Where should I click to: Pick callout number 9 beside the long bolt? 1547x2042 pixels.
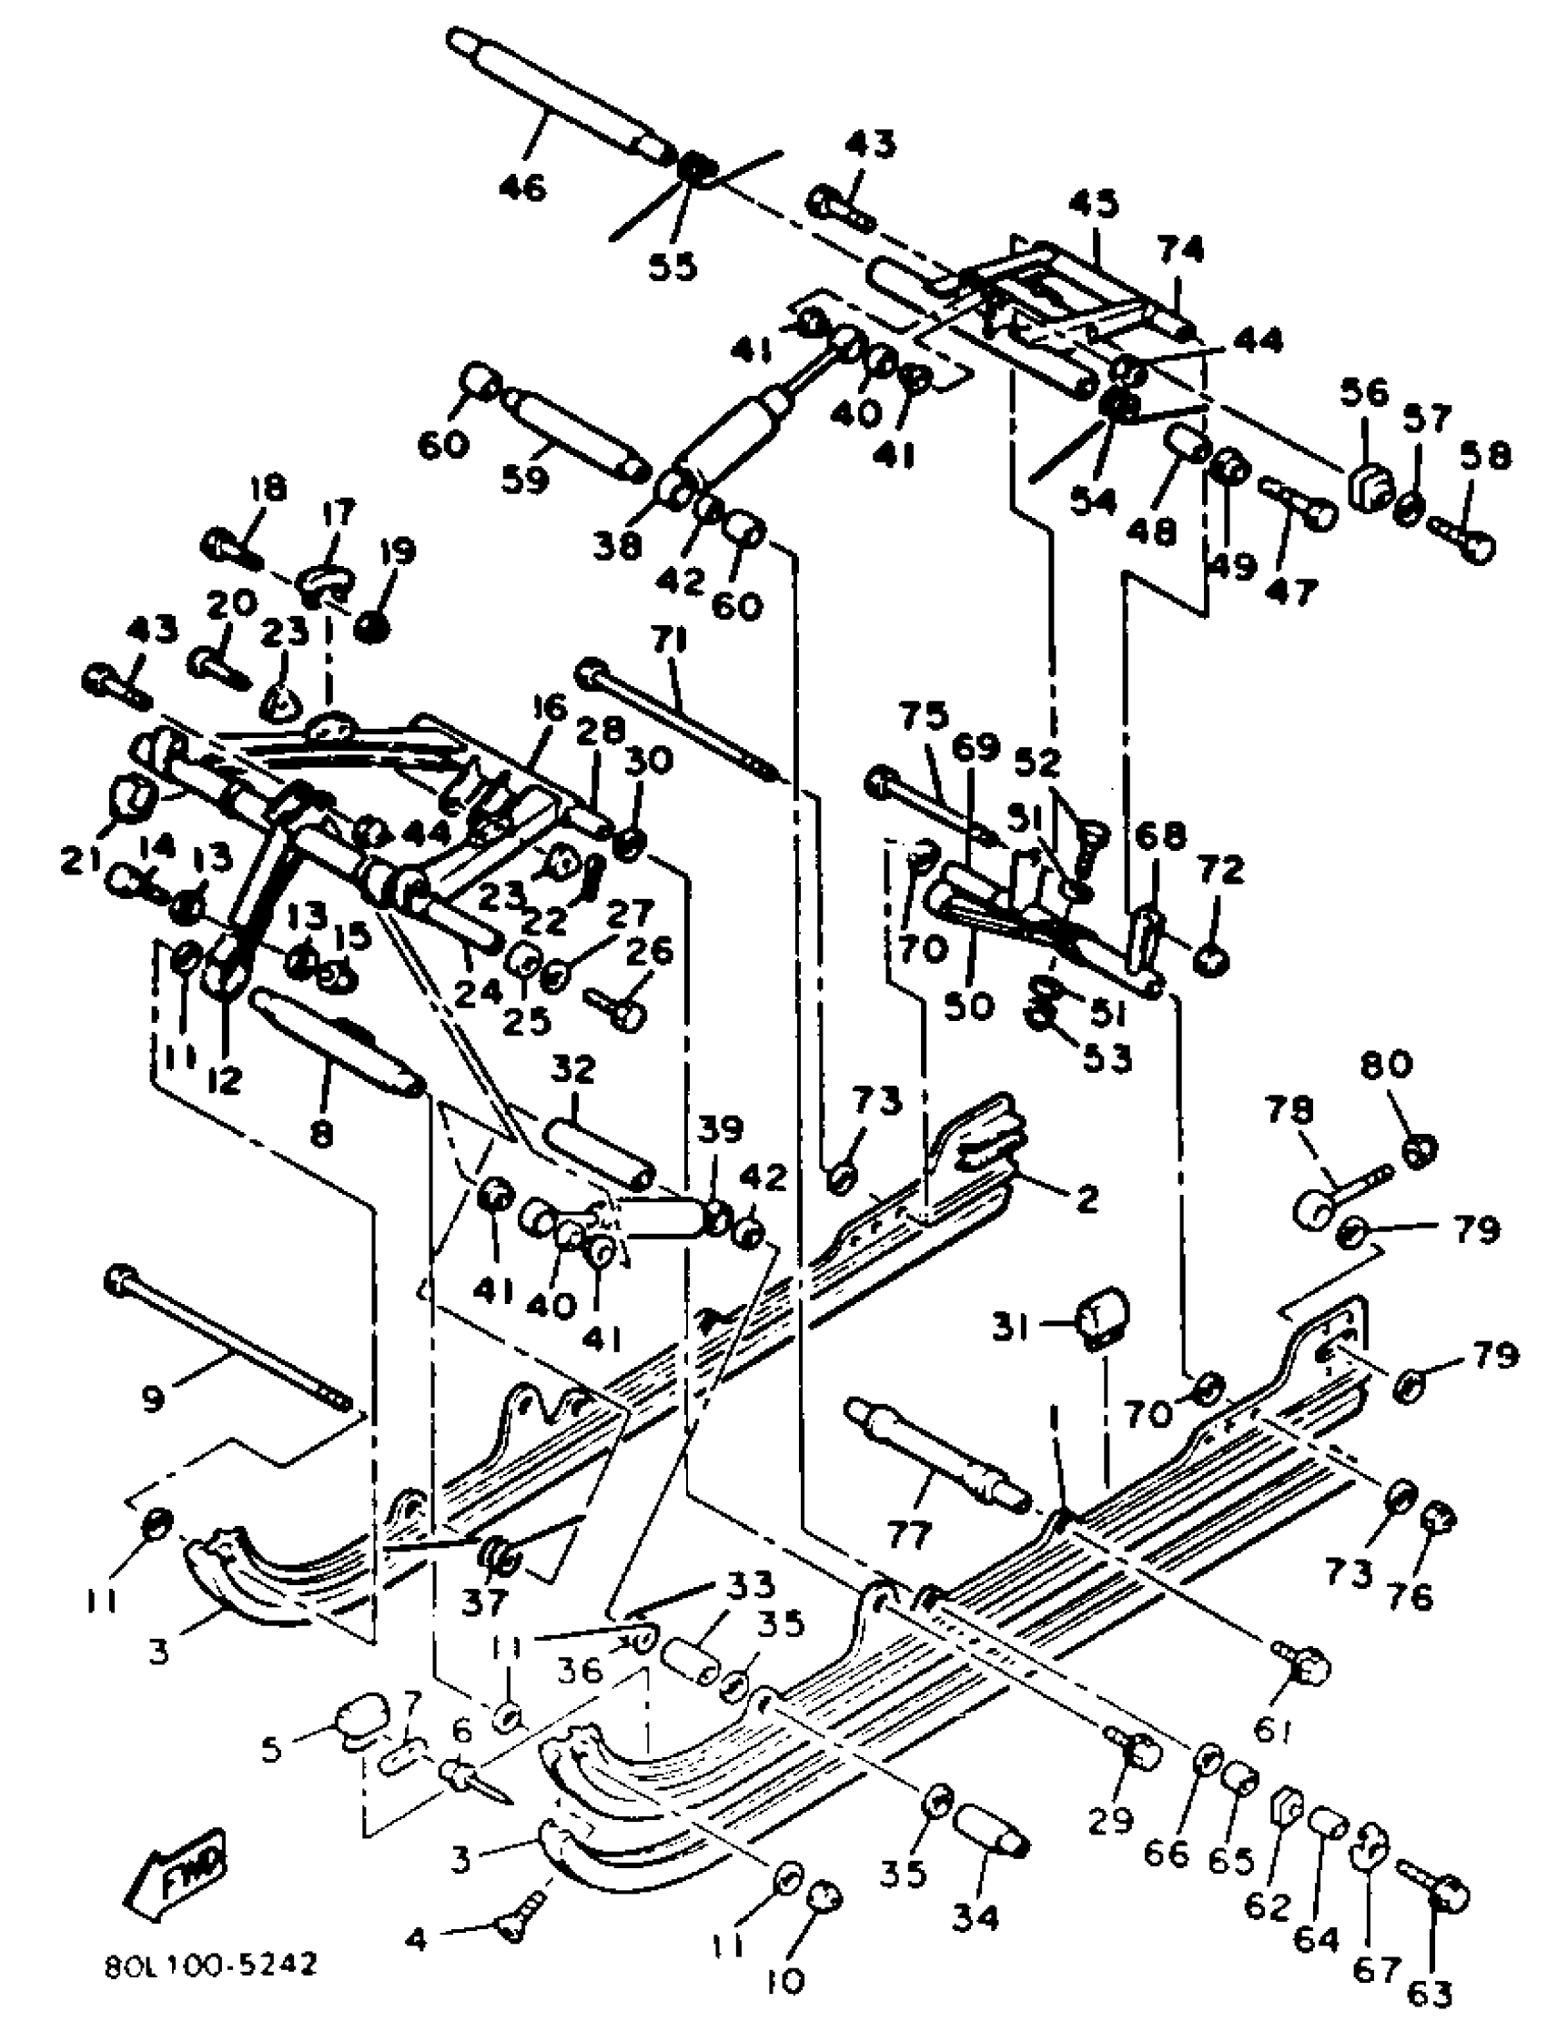click(x=153, y=1400)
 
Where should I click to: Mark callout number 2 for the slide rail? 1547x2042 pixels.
click(x=1087, y=1199)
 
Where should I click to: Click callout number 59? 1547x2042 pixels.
click(x=525, y=480)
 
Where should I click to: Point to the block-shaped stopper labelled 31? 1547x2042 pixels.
click(x=1104, y=1321)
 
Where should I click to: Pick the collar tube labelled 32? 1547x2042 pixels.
click(x=598, y=1154)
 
